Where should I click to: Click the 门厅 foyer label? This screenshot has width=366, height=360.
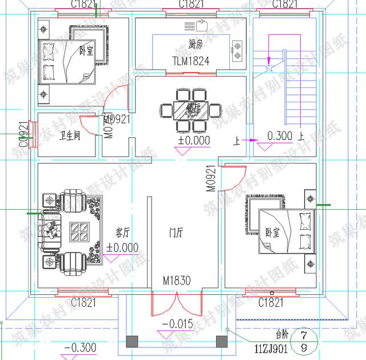(176, 233)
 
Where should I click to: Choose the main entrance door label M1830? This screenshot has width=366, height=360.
(176, 281)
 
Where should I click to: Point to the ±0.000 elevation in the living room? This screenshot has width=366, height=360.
(122, 248)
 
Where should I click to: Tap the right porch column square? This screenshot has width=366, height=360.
(220, 341)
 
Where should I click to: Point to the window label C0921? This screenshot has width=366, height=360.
(23, 135)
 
